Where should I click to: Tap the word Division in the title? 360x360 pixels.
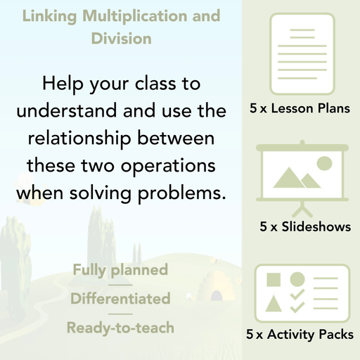pos(121,38)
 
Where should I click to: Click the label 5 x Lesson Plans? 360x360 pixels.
pos(300,109)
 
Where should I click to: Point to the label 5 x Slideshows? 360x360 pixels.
pos(305,227)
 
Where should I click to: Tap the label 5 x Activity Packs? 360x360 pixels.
pos(300,336)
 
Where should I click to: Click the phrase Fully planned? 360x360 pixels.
pos(120,270)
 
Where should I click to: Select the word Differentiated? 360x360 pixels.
pos(120,299)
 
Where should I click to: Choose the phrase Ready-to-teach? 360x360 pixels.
pos(120,328)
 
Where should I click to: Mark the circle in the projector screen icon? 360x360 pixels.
pos(324,164)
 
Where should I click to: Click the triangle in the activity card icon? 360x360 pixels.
pos(274,305)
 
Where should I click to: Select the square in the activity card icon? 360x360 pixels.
pos(274,280)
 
